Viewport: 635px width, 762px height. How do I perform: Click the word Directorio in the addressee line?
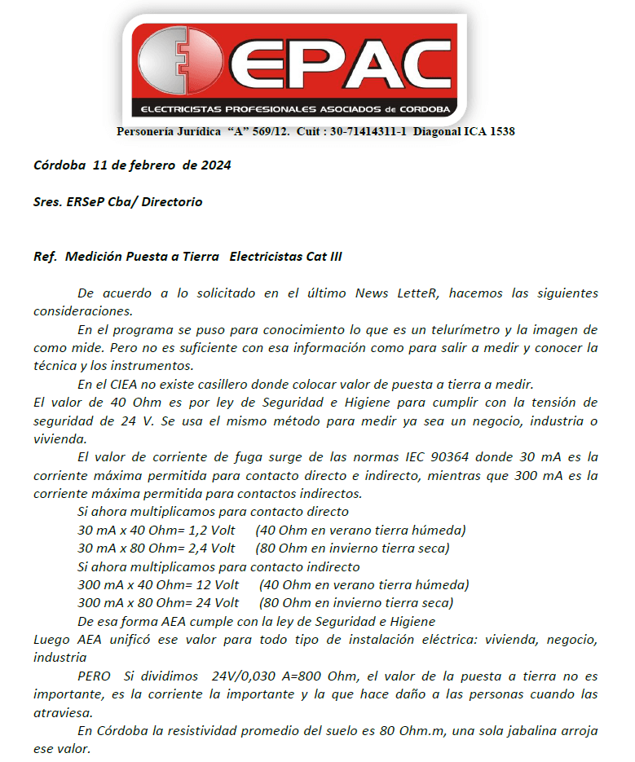(171, 201)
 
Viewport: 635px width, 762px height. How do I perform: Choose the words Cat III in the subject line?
(323, 256)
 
